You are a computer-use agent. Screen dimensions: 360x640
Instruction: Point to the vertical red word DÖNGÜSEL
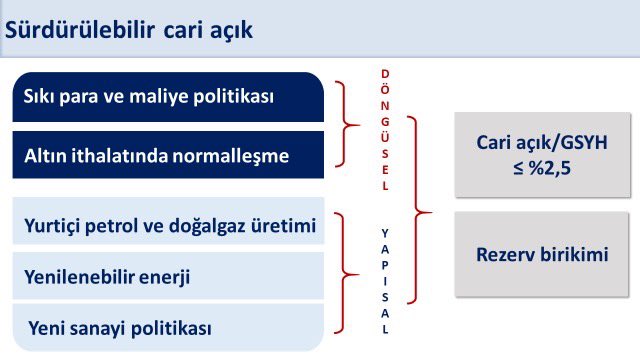(386, 130)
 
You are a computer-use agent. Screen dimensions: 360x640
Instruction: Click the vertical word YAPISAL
(386, 281)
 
